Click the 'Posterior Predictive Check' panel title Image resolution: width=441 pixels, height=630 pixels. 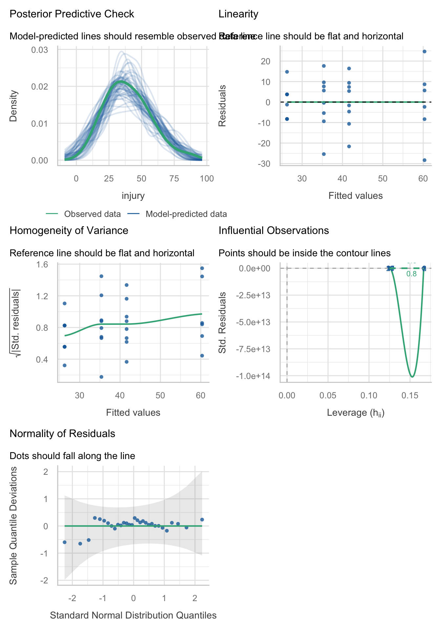coord(72,14)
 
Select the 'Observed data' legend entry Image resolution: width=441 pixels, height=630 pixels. coord(92,214)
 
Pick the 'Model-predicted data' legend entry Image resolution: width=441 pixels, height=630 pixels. coord(186,214)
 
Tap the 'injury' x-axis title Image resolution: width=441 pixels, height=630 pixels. coord(133,196)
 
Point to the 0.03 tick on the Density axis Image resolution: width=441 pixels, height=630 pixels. coord(39,50)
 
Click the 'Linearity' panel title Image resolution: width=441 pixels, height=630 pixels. coord(239,14)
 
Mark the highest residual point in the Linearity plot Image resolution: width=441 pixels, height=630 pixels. coord(424,52)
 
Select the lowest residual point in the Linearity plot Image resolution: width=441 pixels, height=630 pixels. coord(424,160)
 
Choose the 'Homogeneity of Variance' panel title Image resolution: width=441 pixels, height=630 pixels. coord(69,231)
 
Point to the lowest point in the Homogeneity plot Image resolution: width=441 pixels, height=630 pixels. coord(101,377)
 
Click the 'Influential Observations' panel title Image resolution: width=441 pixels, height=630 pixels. coord(274,231)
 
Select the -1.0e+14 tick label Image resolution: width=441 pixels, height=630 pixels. coord(253,376)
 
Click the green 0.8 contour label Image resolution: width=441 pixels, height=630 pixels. coord(411,274)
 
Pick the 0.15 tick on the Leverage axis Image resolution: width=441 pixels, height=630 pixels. coord(410,396)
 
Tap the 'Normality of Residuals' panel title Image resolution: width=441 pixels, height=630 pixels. coord(62,434)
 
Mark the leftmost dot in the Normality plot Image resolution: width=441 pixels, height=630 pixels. coord(65,542)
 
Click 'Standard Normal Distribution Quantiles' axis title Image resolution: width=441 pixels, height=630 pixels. coord(133,615)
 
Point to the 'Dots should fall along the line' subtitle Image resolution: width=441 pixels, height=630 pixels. coord(72,456)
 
